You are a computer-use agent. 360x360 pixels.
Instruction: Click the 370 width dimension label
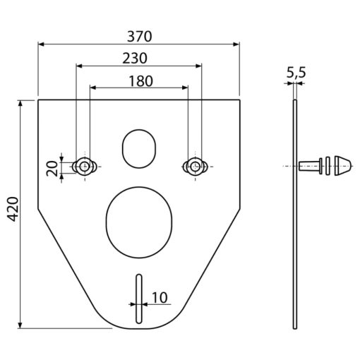pos(140,37)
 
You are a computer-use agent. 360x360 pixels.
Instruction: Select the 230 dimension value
pos(135,59)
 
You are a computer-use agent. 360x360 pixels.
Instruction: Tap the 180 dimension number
pos(140,81)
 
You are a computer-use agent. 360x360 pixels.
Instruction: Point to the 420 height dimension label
pos(13,209)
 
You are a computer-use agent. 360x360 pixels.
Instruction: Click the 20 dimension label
pos(52,169)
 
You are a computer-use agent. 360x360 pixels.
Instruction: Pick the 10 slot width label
pos(160,298)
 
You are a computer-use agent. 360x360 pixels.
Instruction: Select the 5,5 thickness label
pos(296,73)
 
